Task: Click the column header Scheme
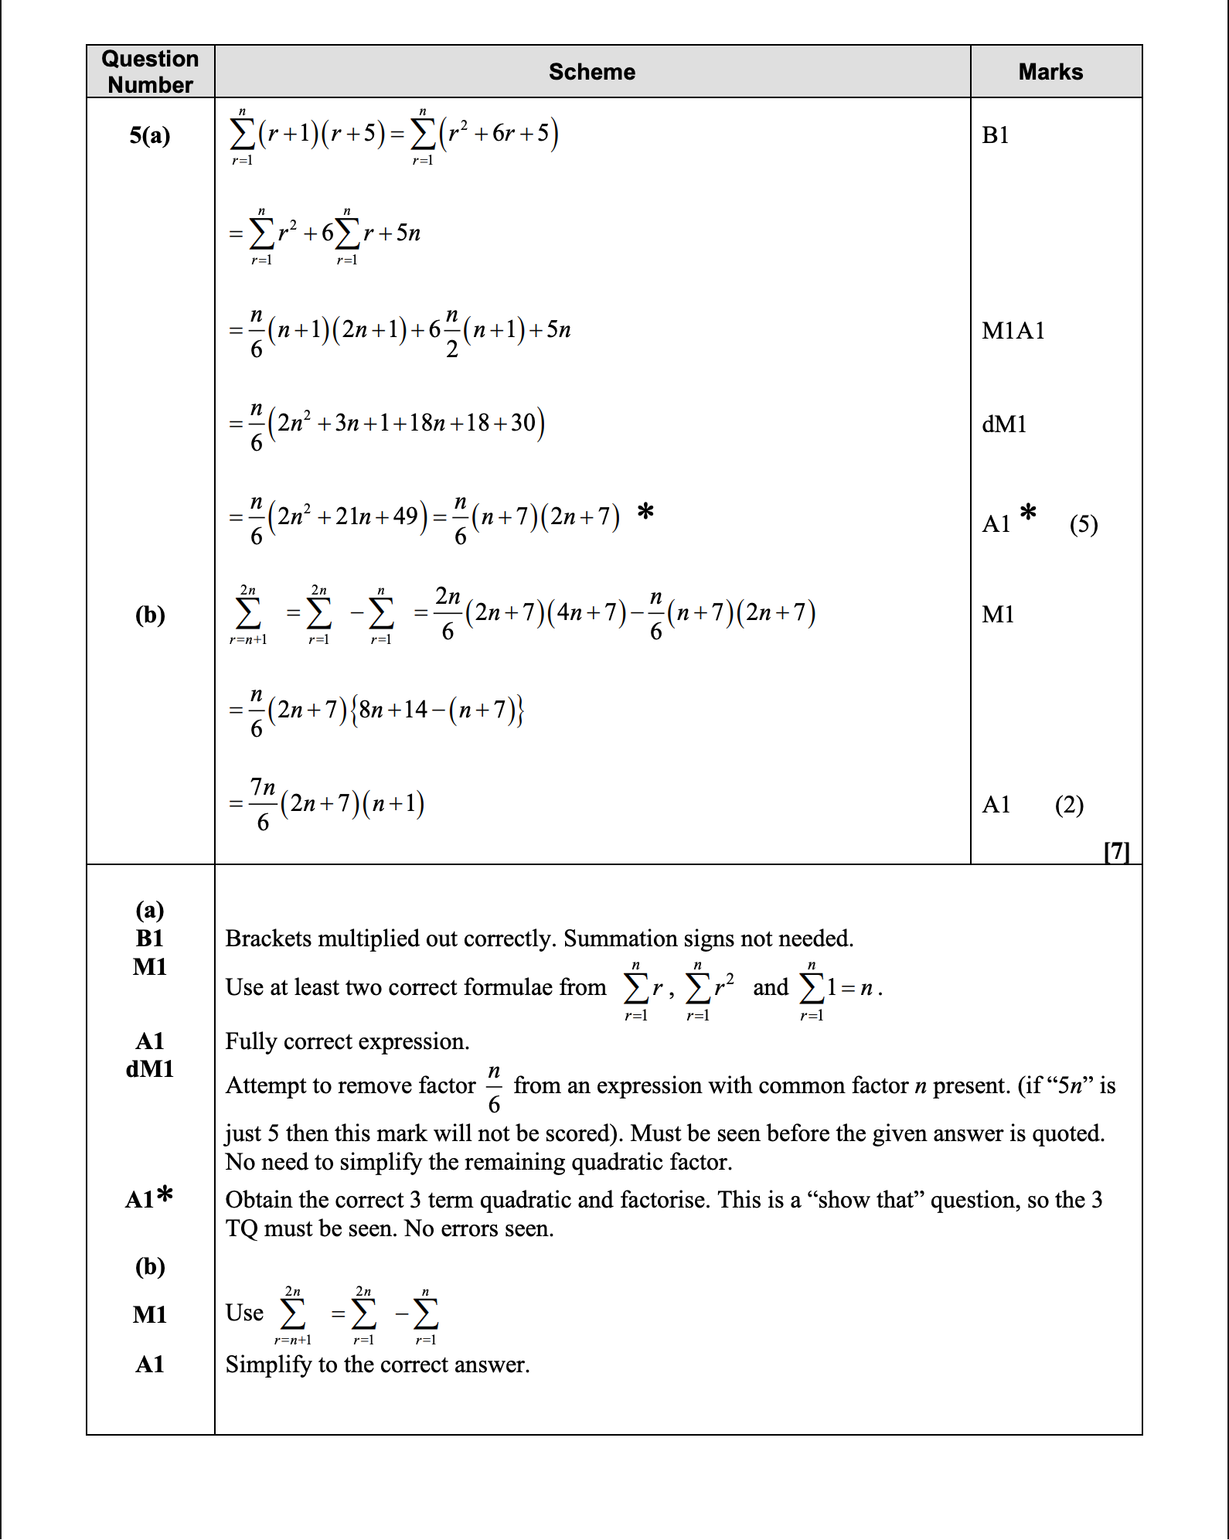(592, 72)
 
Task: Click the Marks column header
(1050, 72)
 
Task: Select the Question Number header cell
(151, 72)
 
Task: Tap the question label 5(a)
(150, 135)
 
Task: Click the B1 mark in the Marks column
(996, 135)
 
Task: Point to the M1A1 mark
(1013, 331)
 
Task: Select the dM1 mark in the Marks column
(1004, 424)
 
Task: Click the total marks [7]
(1117, 851)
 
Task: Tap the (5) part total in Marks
(1084, 525)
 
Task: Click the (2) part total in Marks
(1069, 805)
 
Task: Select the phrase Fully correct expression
(347, 1041)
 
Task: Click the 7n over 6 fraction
(263, 804)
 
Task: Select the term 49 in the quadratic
(406, 516)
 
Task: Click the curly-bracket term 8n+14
(393, 709)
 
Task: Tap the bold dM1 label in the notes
(150, 1069)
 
